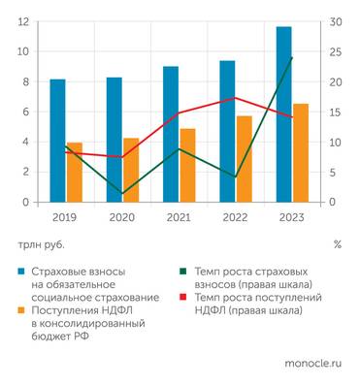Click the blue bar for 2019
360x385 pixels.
57,141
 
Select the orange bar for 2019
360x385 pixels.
74,173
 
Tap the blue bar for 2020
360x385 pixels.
114,140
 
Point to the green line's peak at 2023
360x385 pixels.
292,58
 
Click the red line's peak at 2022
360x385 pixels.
235,98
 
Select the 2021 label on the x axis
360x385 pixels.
179,217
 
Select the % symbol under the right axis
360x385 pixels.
337,244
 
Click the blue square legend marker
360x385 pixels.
21,273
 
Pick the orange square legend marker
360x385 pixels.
21,310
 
